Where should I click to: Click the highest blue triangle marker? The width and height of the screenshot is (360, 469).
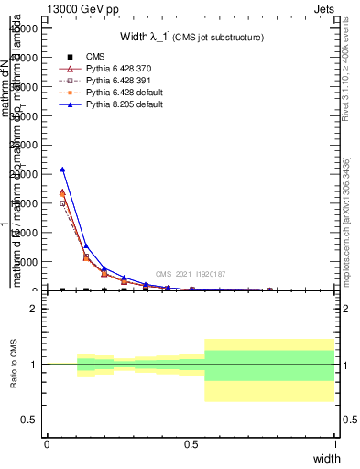(62, 169)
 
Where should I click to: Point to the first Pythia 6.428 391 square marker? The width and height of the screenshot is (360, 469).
(62, 203)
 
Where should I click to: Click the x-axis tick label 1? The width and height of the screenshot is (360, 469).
(335, 444)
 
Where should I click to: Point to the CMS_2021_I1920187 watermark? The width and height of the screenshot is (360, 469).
(190, 274)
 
